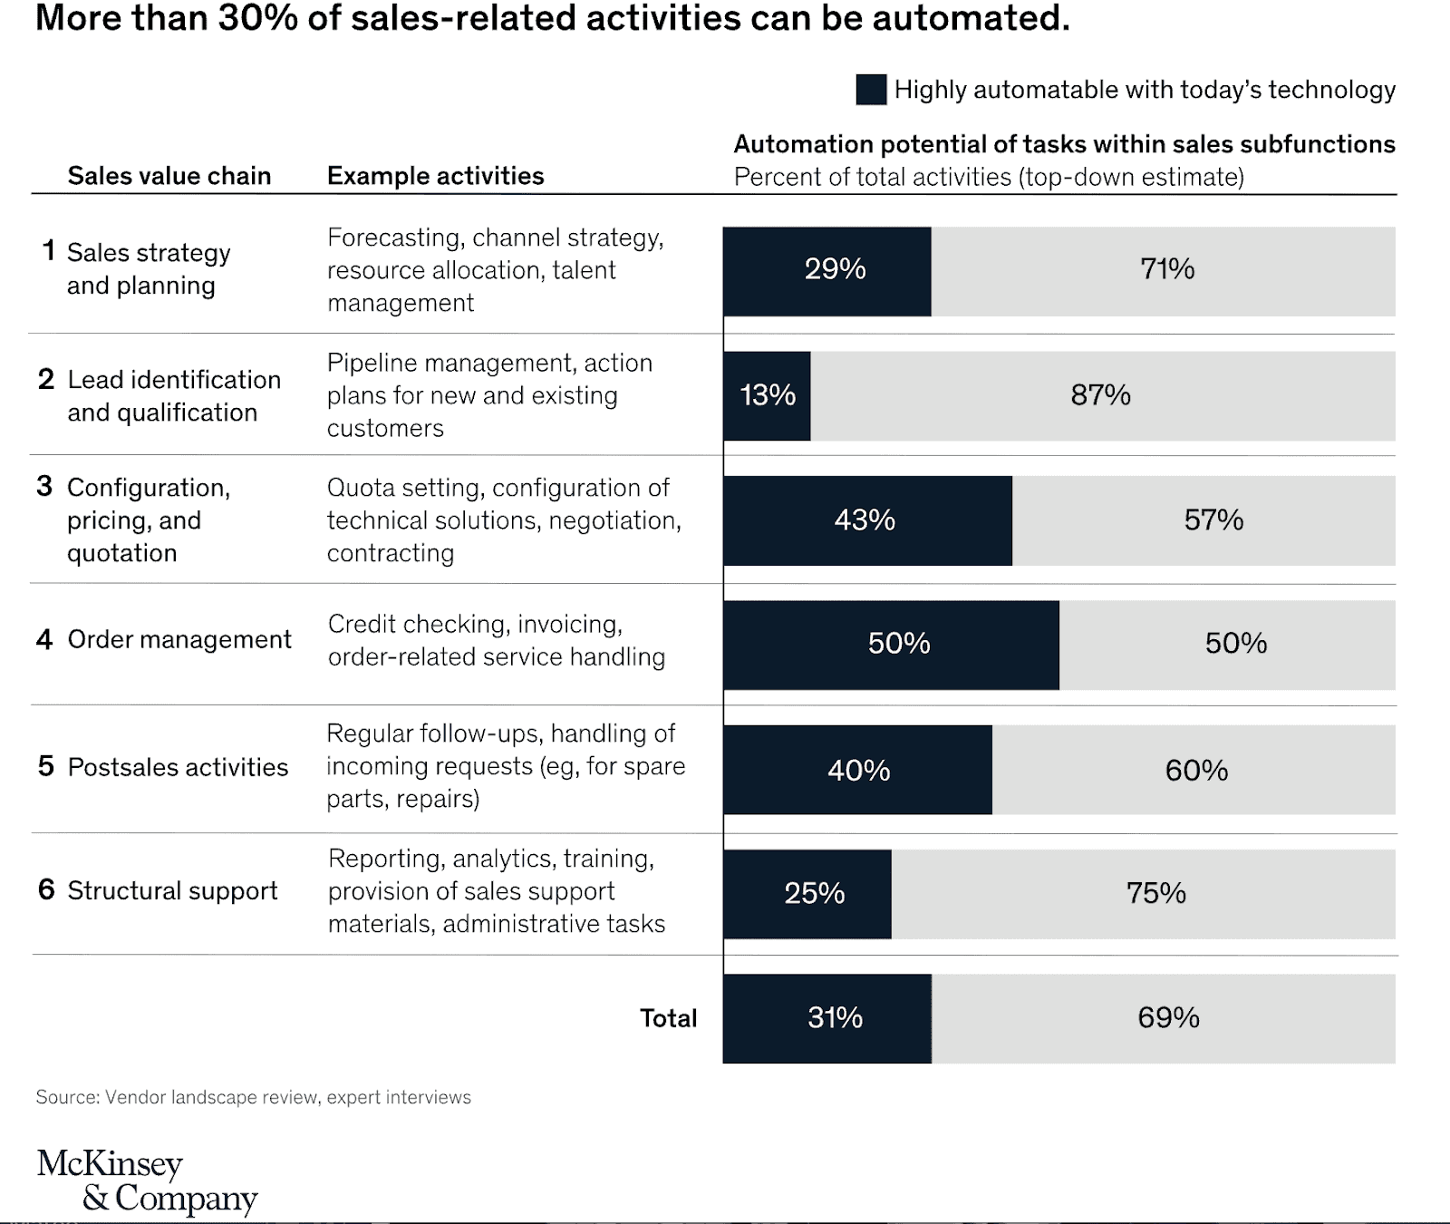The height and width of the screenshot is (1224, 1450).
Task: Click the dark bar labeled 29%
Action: click(826, 271)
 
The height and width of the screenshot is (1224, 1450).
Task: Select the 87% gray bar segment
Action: click(1102, 396)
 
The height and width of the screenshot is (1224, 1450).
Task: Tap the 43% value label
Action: click(865, 520)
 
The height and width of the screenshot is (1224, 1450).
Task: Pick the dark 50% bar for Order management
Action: click(891, 645)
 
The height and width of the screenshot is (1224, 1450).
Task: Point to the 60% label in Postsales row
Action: click(1196, 771)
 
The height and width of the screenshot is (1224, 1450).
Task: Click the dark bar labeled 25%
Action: click(807, 894)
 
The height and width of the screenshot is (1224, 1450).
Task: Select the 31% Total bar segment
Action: click(826, 1018)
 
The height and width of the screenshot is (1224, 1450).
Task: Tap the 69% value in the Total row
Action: click(1168, 1017)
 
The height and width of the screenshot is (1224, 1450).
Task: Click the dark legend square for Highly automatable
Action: click(871, 90)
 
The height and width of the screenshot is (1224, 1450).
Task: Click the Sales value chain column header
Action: click(169, 176)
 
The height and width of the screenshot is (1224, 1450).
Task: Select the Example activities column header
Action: click(435, 176)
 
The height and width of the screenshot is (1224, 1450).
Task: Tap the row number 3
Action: click(44, 487)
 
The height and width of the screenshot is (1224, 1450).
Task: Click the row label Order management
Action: click(179, 639)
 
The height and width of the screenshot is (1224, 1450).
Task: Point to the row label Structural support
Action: click(172, 890)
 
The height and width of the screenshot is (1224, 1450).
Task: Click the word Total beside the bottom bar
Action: click(668, 1018)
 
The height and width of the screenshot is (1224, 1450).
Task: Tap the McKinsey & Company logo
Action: click(147, 1180)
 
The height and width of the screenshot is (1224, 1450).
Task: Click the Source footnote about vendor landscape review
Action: click(253, 1097)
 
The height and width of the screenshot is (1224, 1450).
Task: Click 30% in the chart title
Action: click(257, 17)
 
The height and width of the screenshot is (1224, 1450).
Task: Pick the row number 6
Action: click(46, 889)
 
